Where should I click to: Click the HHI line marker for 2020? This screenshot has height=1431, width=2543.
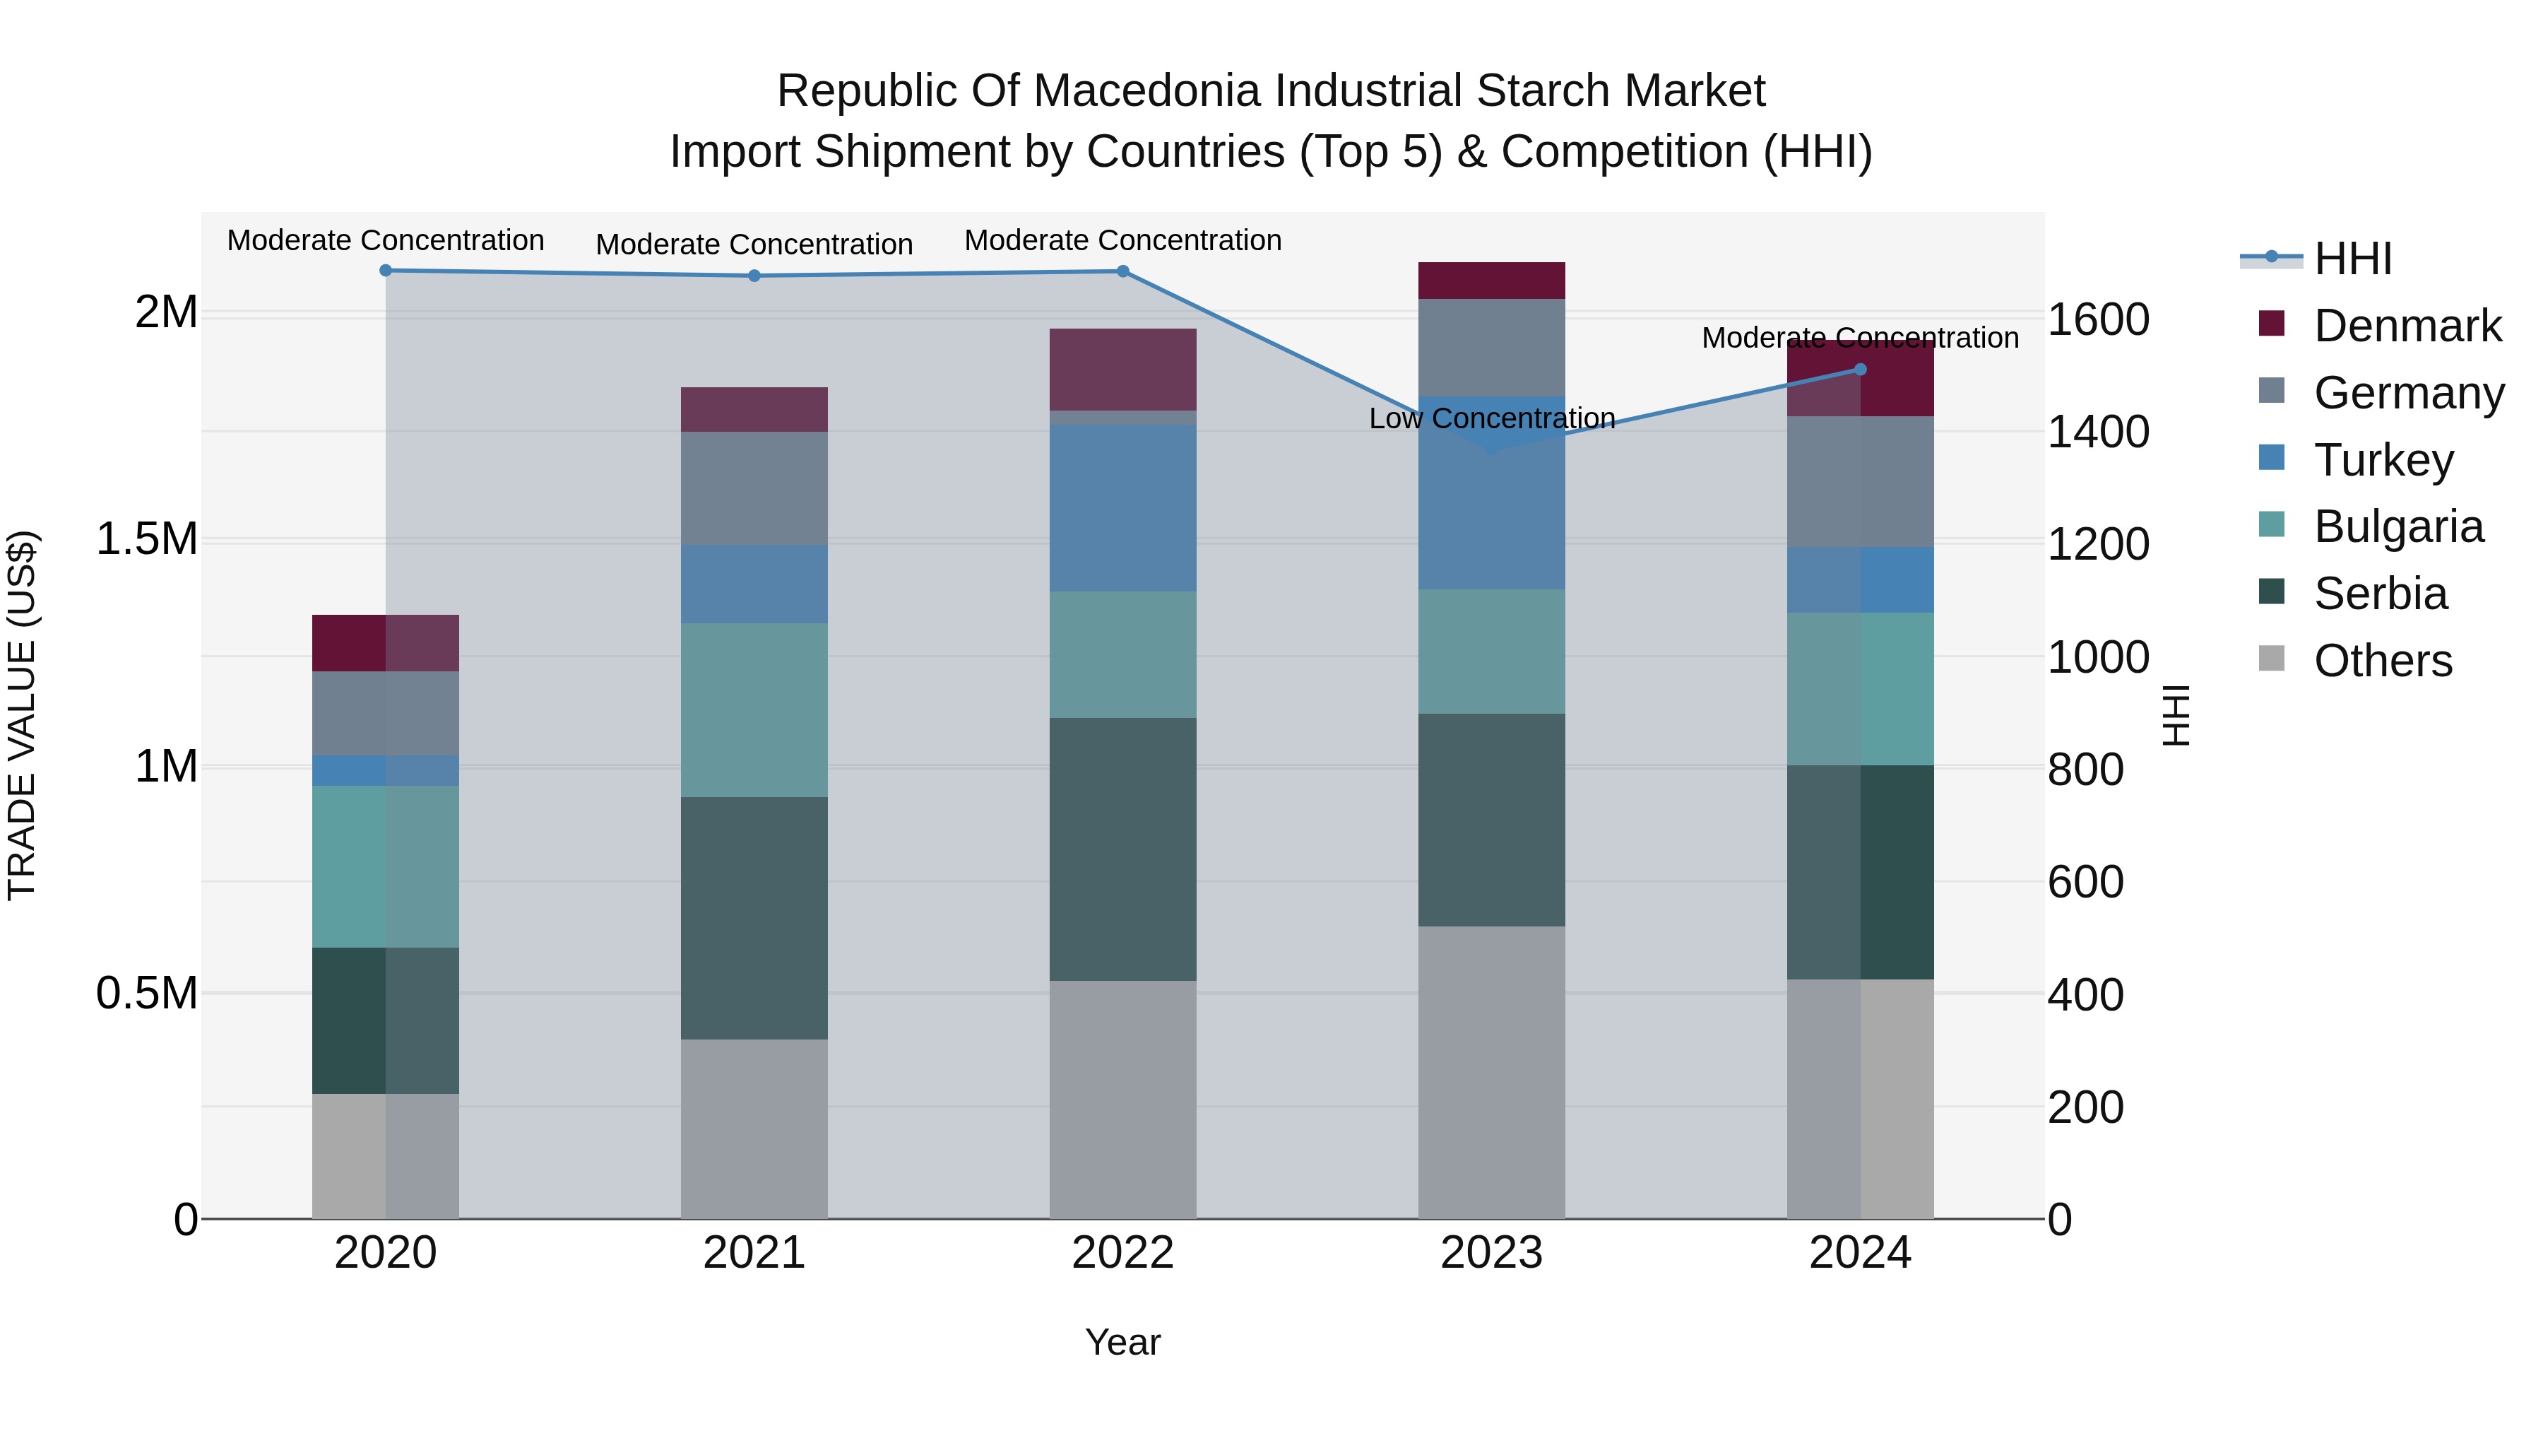click(386, 271)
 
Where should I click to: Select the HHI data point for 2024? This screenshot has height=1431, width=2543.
click(1861, 370)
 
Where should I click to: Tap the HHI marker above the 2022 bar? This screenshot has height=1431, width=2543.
click(1123, 271)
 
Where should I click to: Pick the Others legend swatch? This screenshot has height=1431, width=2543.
click(2272, 659)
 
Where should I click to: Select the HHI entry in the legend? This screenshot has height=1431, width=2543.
click(2352, 259)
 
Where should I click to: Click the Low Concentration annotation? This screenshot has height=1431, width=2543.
click(1492, 419)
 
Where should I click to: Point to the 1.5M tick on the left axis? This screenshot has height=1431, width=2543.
click(146, 539)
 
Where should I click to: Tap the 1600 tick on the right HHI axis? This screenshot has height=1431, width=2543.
click(2098, 320)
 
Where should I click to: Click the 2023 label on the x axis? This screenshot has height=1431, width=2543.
click(1492, 1253)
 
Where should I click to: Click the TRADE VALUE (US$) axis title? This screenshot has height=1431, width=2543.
click(22, 715)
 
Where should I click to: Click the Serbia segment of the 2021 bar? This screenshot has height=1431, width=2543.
click(754, 919)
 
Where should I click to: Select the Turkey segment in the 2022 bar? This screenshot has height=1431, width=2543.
click(1123, 509)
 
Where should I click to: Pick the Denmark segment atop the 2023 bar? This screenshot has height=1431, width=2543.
click(1492, 281)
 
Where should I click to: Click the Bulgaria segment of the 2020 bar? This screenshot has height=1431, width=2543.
click(386, 867)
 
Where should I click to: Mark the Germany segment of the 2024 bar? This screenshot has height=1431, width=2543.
click(1861, 482)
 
